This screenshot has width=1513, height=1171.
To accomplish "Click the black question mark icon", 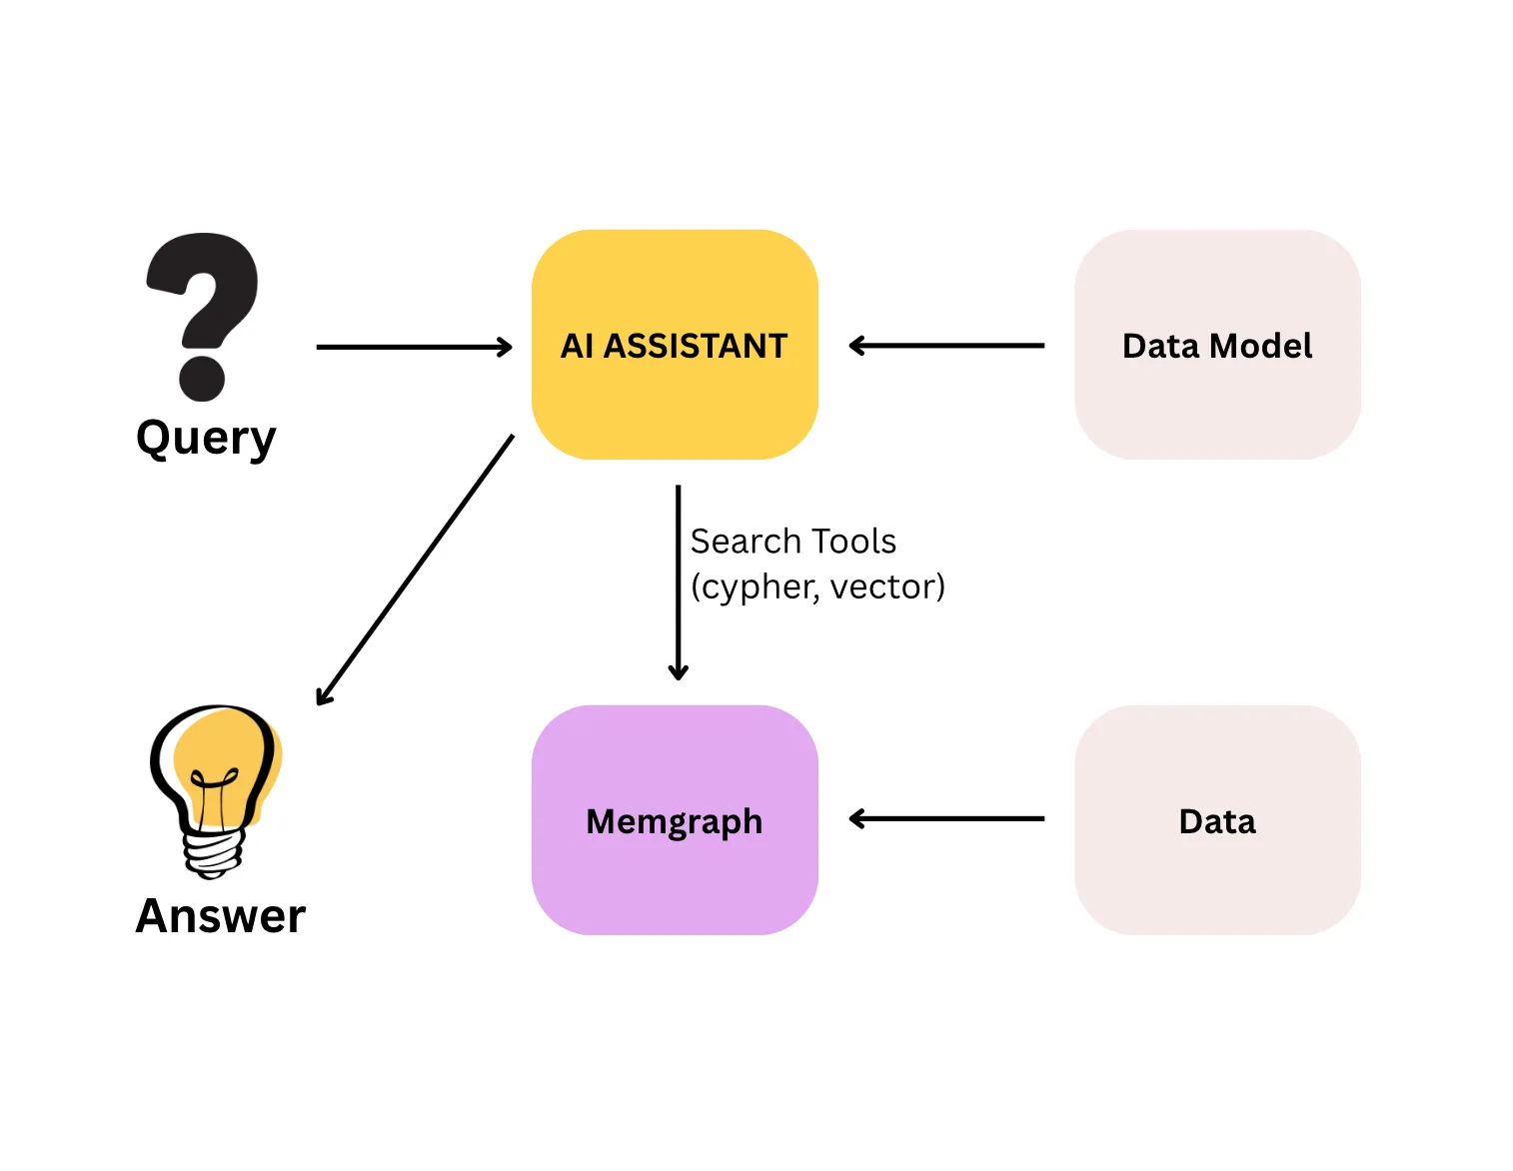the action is [202, 317].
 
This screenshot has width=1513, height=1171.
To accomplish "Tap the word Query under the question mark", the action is [206, 438].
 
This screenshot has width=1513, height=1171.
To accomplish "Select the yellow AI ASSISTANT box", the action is [674, 345].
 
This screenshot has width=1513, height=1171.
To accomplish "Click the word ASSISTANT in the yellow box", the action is [695, 346].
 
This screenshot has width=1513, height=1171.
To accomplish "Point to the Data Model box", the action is [1217, 345].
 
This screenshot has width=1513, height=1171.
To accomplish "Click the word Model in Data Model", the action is [1260, 346].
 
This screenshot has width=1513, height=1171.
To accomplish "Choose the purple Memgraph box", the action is [674, 819].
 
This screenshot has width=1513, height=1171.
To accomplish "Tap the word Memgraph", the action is [674, 822].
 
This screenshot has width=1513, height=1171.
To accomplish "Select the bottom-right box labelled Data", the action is [1217, 819].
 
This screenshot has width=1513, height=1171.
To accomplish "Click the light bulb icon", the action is [216, 791].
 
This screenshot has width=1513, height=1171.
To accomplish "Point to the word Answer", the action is [221, 915].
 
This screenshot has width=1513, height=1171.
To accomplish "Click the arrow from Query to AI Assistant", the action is [415, 347].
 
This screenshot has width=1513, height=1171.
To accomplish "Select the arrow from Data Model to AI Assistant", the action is [946, 345].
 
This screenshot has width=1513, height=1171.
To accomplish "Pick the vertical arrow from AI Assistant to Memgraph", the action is [679, 583].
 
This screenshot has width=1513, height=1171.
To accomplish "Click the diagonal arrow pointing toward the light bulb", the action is [415, 570].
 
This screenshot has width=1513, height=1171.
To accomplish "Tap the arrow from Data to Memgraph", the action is [946, 819].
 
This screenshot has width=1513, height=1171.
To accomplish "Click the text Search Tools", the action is [793, 542].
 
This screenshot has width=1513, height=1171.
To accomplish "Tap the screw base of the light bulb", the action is [213, 853].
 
